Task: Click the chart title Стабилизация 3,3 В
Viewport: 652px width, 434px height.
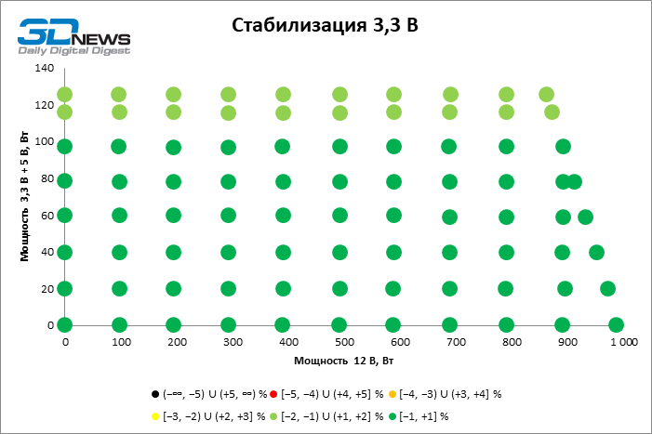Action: [x=325, y=26]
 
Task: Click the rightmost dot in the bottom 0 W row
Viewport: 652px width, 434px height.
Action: [x=616, y=325]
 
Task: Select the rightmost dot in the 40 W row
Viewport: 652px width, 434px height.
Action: [x=596, y=252]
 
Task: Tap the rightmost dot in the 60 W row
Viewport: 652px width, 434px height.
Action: [x=585, y=217]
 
